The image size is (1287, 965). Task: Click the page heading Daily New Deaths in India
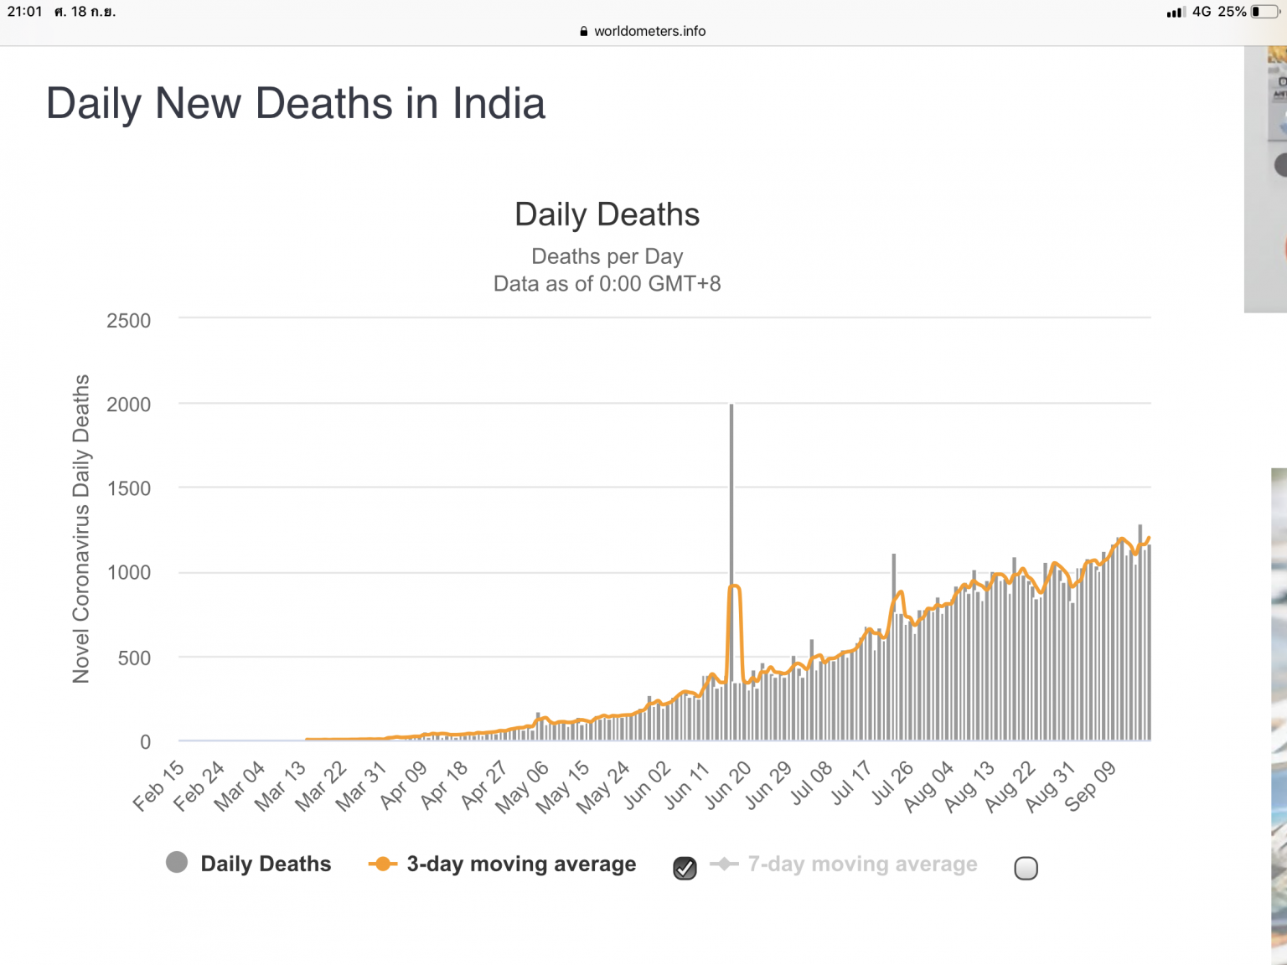[x=296, y=103]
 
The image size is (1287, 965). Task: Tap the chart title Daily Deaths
[x=607, y=214]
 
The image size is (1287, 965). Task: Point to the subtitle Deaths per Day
[x=607, y=256]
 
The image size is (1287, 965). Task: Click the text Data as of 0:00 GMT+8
[x=607, y=284]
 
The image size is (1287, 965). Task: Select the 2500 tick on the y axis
[x=128, y=321]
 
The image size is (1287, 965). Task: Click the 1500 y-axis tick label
[x=128, y=488]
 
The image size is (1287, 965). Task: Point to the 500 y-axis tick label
[x=134, y=658]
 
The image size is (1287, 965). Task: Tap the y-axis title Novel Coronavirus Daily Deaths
[x=81, y=529]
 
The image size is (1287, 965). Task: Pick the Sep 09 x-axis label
[x=1090, y=787]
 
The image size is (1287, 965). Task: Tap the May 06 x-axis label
[x=522, y=787]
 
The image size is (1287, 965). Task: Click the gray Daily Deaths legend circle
[x=177, y=862]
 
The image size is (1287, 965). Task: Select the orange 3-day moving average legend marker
[x=383, y=864]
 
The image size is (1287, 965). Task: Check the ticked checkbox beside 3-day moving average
[x=685, y=868]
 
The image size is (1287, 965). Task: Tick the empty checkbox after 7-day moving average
[x=1026, y=868]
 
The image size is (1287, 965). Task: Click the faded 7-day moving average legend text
[x=862, y=864]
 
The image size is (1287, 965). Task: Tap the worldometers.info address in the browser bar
[x=649, y=31]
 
